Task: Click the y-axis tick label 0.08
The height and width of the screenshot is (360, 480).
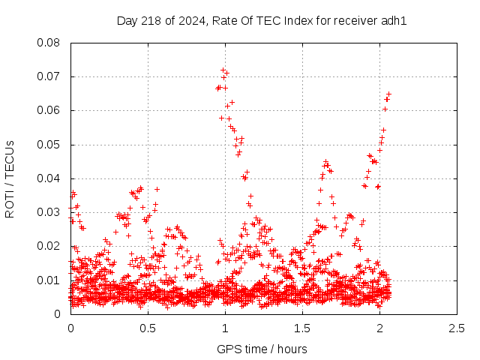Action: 49,43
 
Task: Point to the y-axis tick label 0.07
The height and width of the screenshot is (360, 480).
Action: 49,76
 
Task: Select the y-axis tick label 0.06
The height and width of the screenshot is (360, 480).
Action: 49,110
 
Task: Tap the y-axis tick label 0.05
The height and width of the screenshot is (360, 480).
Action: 49,145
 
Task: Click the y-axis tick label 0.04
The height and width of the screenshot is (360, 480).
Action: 49,178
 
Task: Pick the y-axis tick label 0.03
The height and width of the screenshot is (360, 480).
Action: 49,212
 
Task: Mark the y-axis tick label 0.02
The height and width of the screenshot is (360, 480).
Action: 49,246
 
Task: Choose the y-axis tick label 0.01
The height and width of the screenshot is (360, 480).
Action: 49,280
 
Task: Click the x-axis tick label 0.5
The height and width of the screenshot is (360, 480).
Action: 148,328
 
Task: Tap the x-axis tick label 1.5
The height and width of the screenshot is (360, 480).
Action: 302,328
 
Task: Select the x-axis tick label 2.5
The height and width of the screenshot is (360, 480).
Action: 457,328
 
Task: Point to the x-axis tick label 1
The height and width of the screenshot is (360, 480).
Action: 225,328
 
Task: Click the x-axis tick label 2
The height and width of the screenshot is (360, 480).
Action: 379,328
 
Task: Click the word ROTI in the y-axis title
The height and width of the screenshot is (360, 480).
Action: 10,202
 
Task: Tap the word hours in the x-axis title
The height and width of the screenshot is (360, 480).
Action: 292,349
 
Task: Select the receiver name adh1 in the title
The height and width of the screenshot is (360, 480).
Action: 395,20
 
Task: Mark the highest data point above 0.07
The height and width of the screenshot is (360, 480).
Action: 223,70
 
